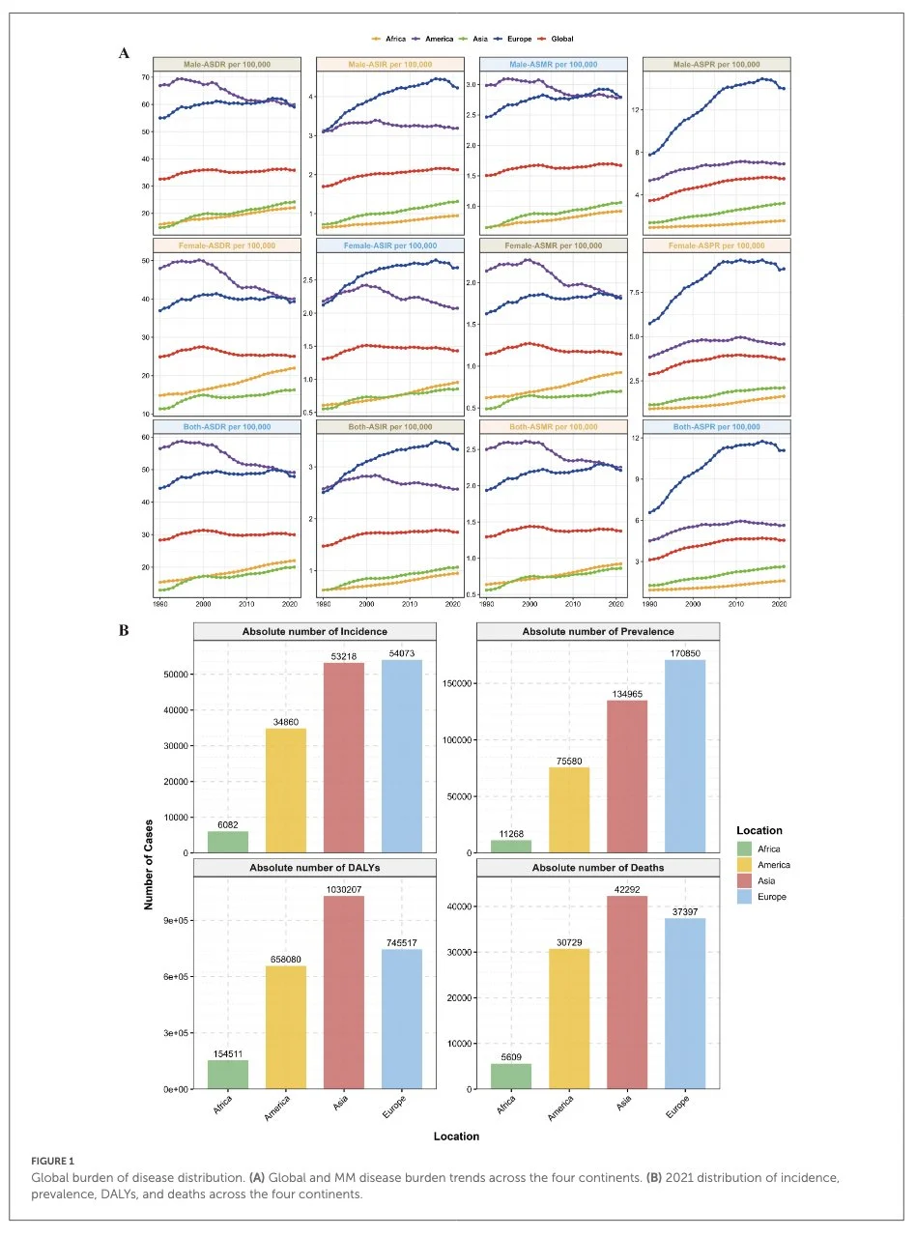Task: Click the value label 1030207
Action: (336, 889)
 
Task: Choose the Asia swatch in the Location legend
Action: (743, 881)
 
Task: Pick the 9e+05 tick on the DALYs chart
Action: (175, 921)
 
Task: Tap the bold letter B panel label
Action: (125, 629)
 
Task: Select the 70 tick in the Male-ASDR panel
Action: (146, 76)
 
